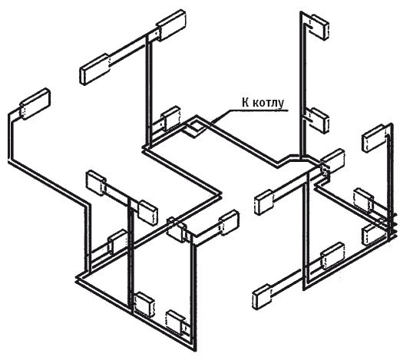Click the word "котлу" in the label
(269, 103)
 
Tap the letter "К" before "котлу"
(246, 102)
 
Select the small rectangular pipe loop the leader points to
(195, 129)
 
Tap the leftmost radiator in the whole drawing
(35, 104)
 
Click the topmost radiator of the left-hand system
(172, 25)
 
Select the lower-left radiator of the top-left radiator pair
(95, 69)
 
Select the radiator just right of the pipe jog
(333, 162)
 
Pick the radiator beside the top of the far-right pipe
(374, 138)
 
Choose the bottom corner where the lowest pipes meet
(194, 349)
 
